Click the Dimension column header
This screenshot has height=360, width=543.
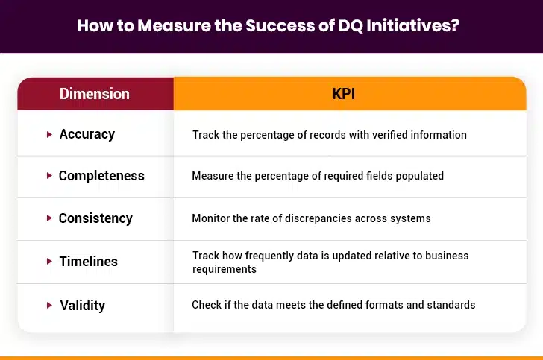click(95, 94)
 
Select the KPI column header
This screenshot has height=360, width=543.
click(349, 94)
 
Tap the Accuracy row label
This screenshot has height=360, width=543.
click(87, 134)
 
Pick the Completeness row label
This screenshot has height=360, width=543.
click(101, 176)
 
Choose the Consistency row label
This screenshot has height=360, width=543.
click(95, 218)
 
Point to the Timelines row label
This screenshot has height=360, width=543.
click(88, 262)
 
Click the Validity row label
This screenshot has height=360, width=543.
click(82, 305)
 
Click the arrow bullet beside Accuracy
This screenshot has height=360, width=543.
click(49, 134)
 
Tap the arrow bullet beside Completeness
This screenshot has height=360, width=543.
click(49, 176)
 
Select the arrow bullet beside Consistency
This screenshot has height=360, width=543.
click(49, 218)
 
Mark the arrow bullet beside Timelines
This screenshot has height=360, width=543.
click(49, 262)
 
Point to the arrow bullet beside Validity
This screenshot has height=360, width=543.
click(49, 305)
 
